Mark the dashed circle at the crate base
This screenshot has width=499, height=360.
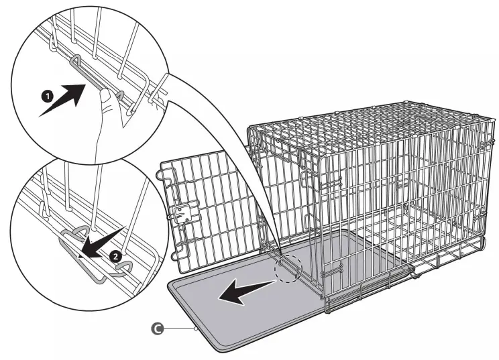tap(288, 268)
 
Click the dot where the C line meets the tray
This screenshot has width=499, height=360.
tap(195, 329)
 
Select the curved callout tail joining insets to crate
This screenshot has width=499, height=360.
tap(221, 134)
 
